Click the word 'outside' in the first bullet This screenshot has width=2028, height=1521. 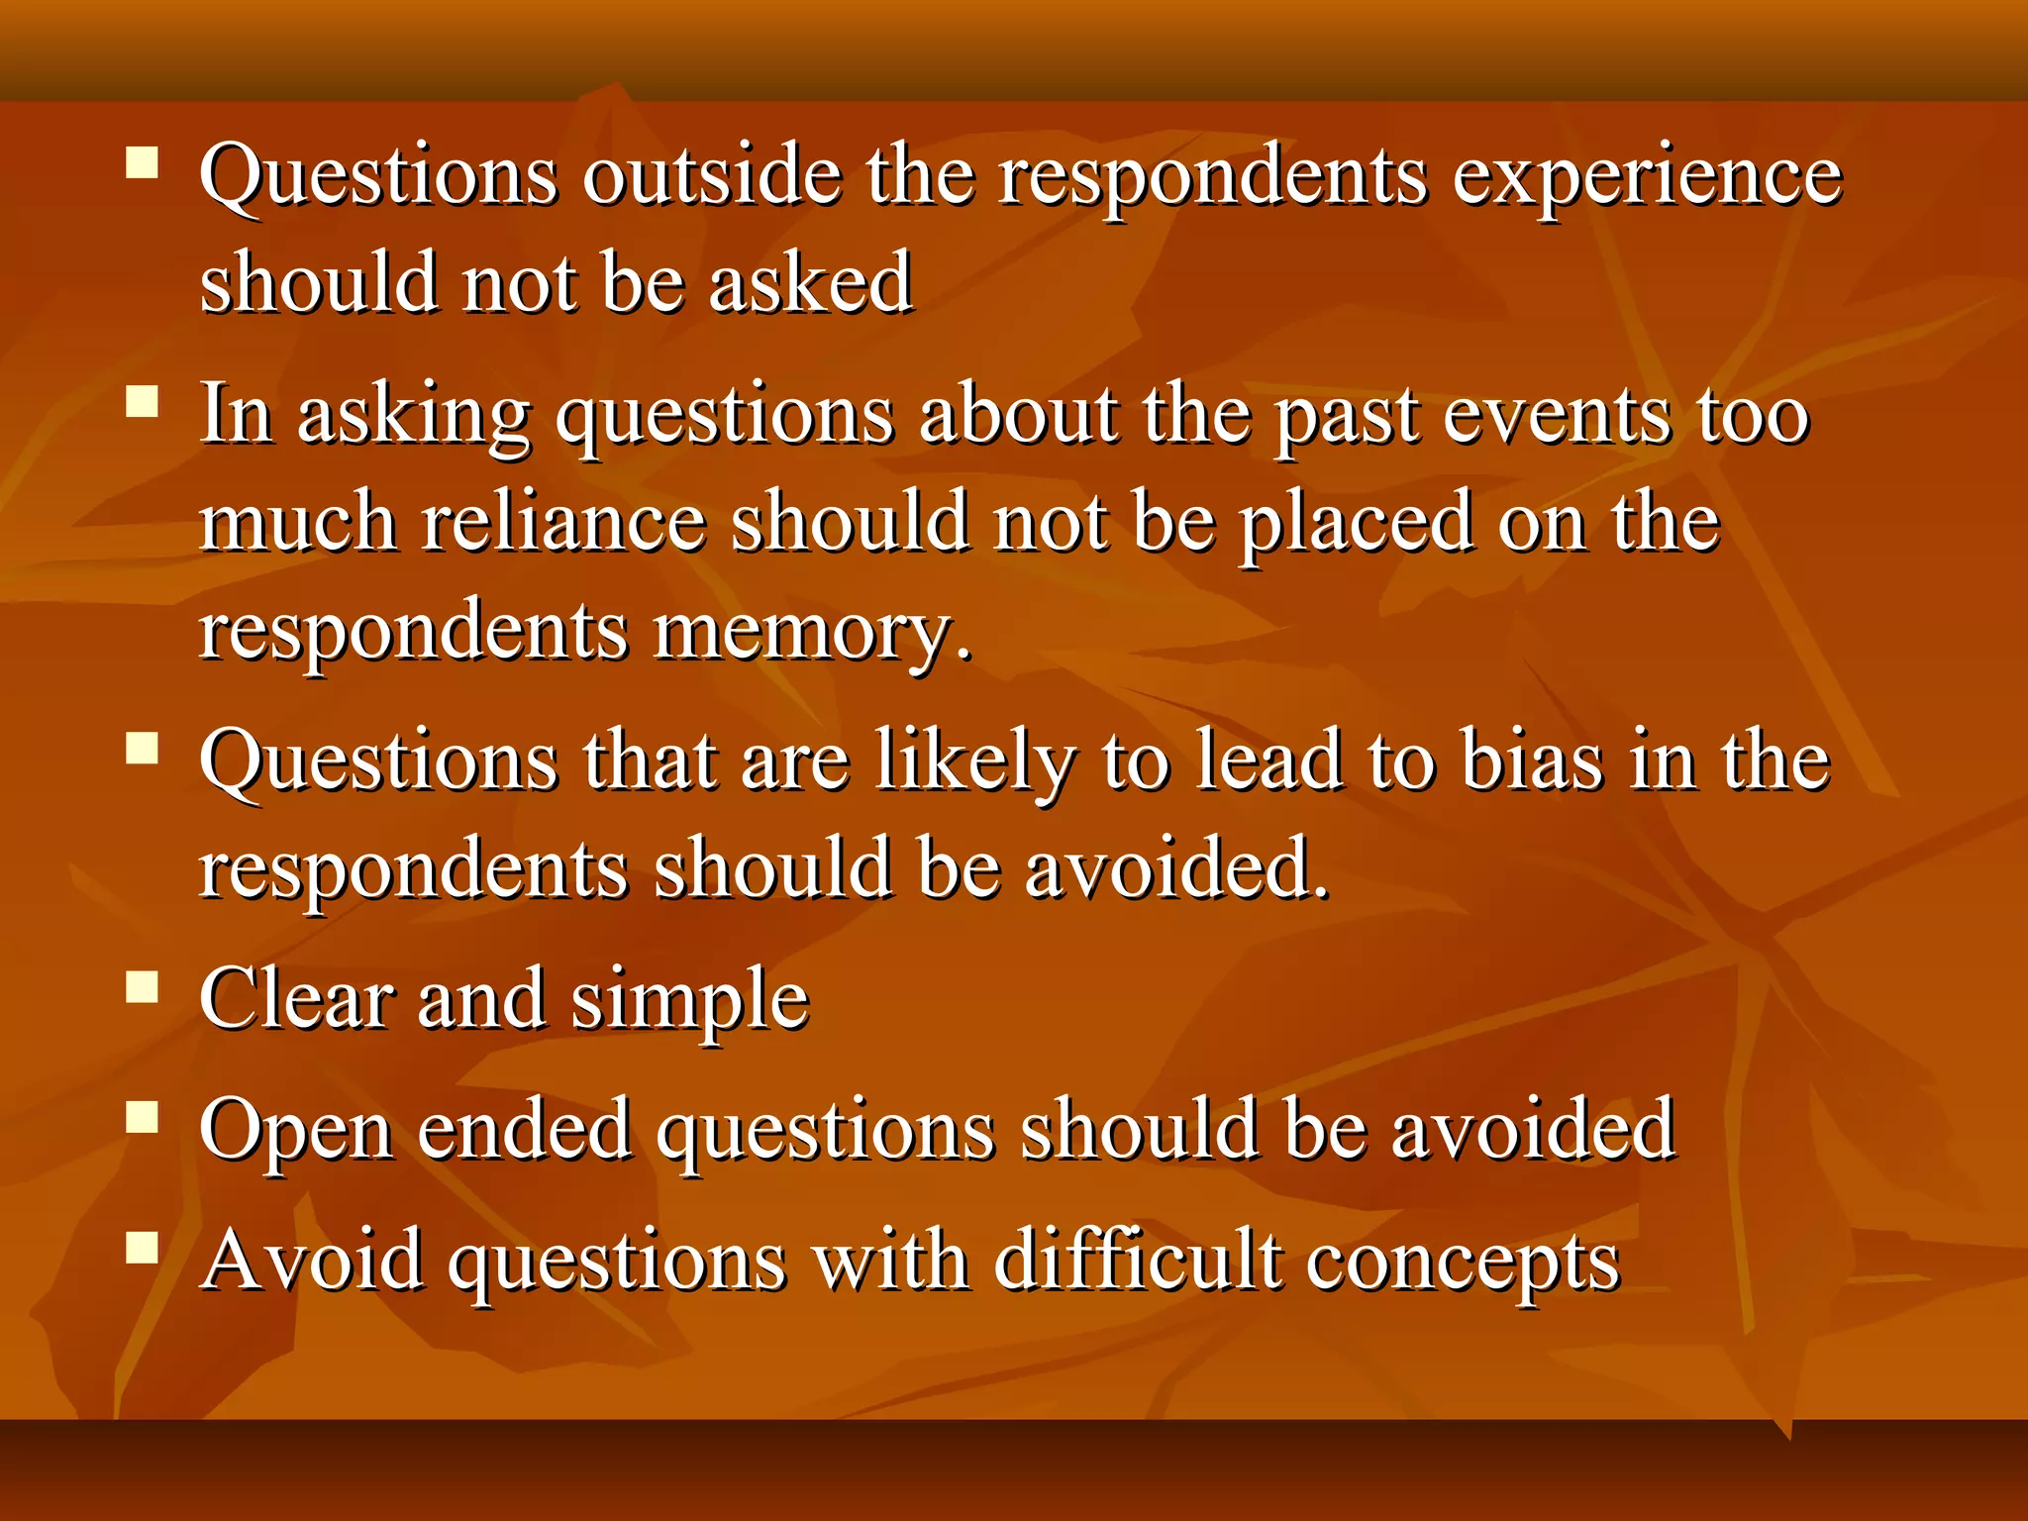point(712,176)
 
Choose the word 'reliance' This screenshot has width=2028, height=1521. point(563,523)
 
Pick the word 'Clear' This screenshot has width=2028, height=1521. point(297,999)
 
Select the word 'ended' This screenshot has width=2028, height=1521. point(524,1129)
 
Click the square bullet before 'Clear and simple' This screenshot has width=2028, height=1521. point(143,986)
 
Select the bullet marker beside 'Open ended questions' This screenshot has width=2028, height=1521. point(143,1117)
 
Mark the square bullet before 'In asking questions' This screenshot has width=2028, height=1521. point(143,402)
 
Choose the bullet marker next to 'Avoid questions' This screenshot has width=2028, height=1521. point(143,1247)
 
